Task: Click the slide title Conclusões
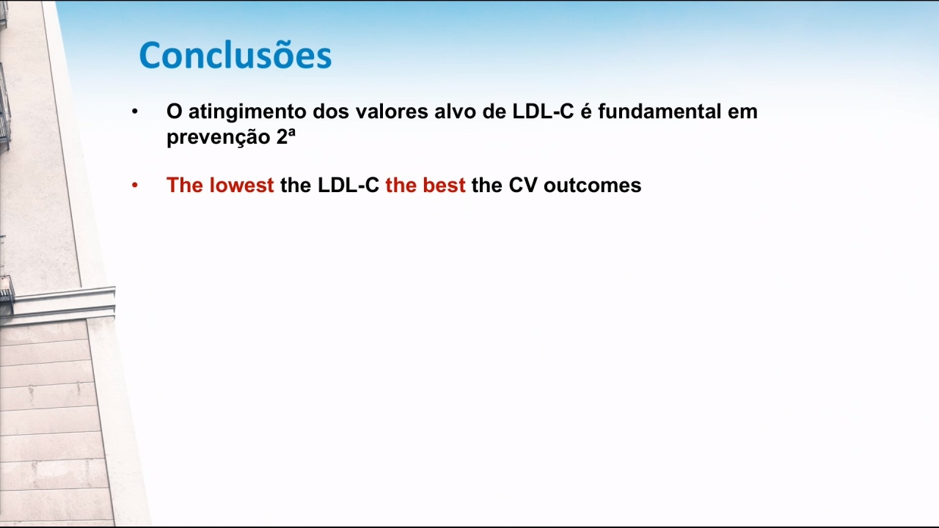[235, 55]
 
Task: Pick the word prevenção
[219, 137]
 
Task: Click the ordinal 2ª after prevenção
[286, 136]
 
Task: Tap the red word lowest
[241, 185]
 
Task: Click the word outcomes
[592, 186]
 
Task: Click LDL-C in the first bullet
[543, 111]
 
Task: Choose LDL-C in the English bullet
[348, 186]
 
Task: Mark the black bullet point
[134, 111]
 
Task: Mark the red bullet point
[134, 185]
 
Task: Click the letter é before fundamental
[585, 111]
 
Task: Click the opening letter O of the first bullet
[175, 111]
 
